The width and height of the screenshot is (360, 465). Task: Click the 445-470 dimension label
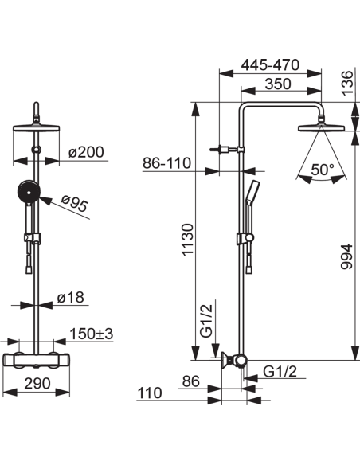[270, 65]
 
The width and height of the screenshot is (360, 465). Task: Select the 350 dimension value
[278, 84]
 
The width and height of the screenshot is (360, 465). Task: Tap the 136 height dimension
[347, 83]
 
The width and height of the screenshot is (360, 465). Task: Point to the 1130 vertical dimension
[187, 240]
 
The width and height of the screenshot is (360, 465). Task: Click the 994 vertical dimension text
[346, 256]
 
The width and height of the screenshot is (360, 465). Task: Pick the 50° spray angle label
[323, 170]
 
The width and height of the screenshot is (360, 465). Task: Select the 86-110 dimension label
[166, 163]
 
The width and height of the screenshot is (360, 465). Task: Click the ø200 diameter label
[86, 152]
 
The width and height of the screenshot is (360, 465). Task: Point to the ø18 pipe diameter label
[71, 297]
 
